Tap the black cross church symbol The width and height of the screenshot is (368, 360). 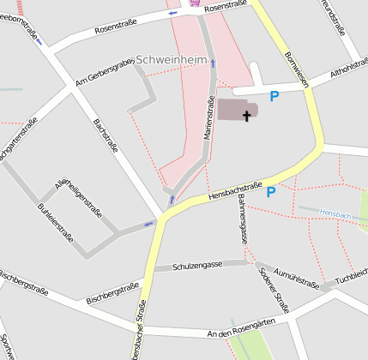[x=248, y=114]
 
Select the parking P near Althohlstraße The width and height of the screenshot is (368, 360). [x=274, y=97]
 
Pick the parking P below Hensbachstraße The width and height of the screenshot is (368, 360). [x=271, y=191]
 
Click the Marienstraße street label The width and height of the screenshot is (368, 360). [x=209, y=119]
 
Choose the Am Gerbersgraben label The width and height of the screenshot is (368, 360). [x=104, y=72]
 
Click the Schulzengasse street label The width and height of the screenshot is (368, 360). [x=197, y=265]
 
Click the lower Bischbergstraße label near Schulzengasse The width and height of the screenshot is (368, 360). [x=112, y=295]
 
